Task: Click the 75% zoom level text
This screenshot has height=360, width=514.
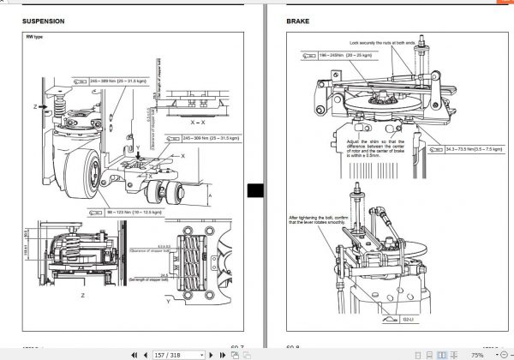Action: [476, 354]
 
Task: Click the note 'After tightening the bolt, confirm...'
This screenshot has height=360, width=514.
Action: [317, 220]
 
